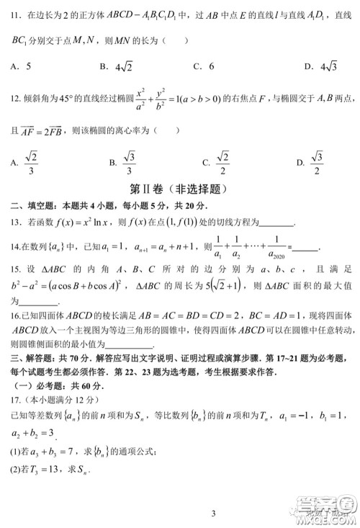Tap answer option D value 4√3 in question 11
pyautogui.click(x=325, y=67)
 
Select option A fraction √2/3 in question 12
pyautogui.click(x=32, y=162)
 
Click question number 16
pyautogui.click(x=14, y=316)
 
